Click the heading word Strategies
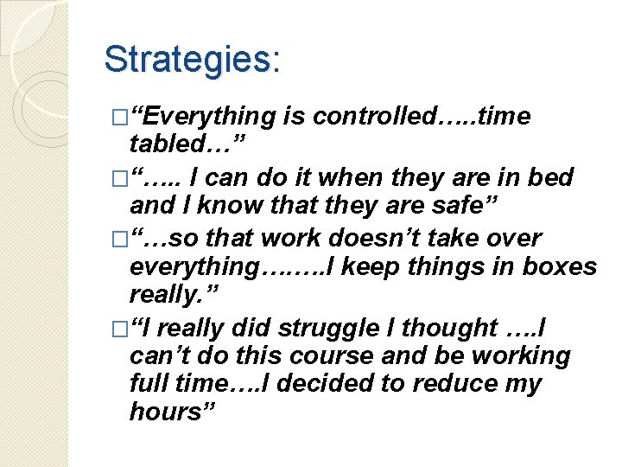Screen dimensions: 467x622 pyautogui.click(x=191, y=60)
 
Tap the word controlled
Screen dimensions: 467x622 pyautogui.click(x=371, y=116)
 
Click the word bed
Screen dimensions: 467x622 pyautogui.click(x=553, y=177)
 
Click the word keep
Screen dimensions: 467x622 pyautogui.click(x=346, y=266)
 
